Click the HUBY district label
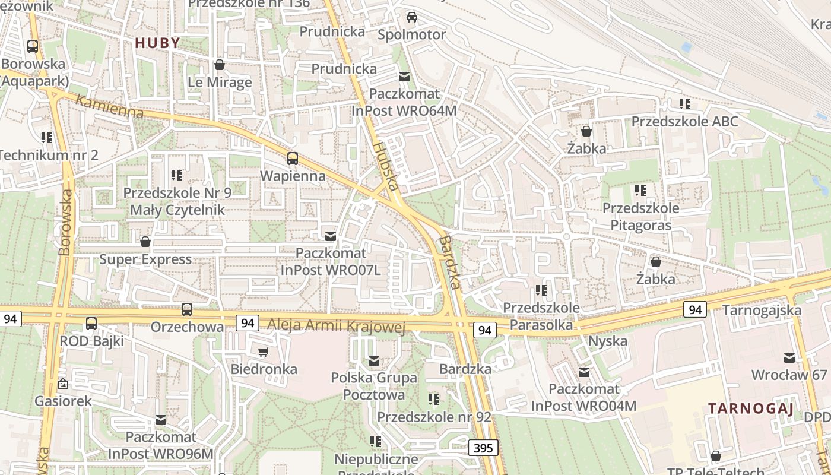tap(157, 43)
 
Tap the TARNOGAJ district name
tap(750, 408)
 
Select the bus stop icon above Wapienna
tap(292, 159)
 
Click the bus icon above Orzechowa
tap(187, 309)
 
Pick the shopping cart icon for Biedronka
tap(264, 352)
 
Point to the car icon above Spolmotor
tap(411, 17)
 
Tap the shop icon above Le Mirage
tap(220, 65)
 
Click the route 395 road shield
tap(484, 448)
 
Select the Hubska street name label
tap(385, 166)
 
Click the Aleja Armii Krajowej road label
tap(336, 325)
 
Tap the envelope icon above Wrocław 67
tap(789, 358)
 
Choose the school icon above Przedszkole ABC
tap(684, 104)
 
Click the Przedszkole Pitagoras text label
tap(640, 217)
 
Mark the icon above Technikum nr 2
tap(47, 138)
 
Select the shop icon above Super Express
tap(145, 242)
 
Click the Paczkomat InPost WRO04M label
tap(583, 398)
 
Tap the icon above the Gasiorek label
tap(63, 384)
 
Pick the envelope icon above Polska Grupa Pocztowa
tap(373, 360)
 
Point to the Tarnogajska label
tap(762, 310)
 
